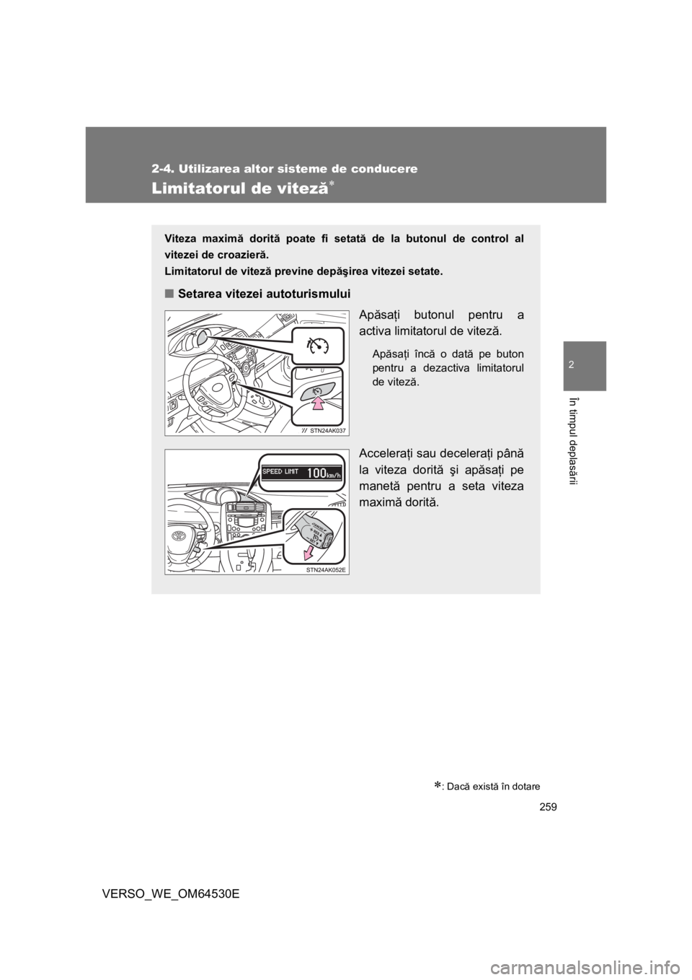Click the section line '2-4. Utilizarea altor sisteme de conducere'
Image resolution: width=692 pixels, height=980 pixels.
click(x=285, y=169)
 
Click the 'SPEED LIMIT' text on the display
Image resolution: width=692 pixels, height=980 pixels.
click(x=280, y=472)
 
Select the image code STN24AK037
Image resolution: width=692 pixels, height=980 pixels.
click(x=327, y=430)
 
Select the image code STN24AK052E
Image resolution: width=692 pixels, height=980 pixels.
click(x=326, y=569)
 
